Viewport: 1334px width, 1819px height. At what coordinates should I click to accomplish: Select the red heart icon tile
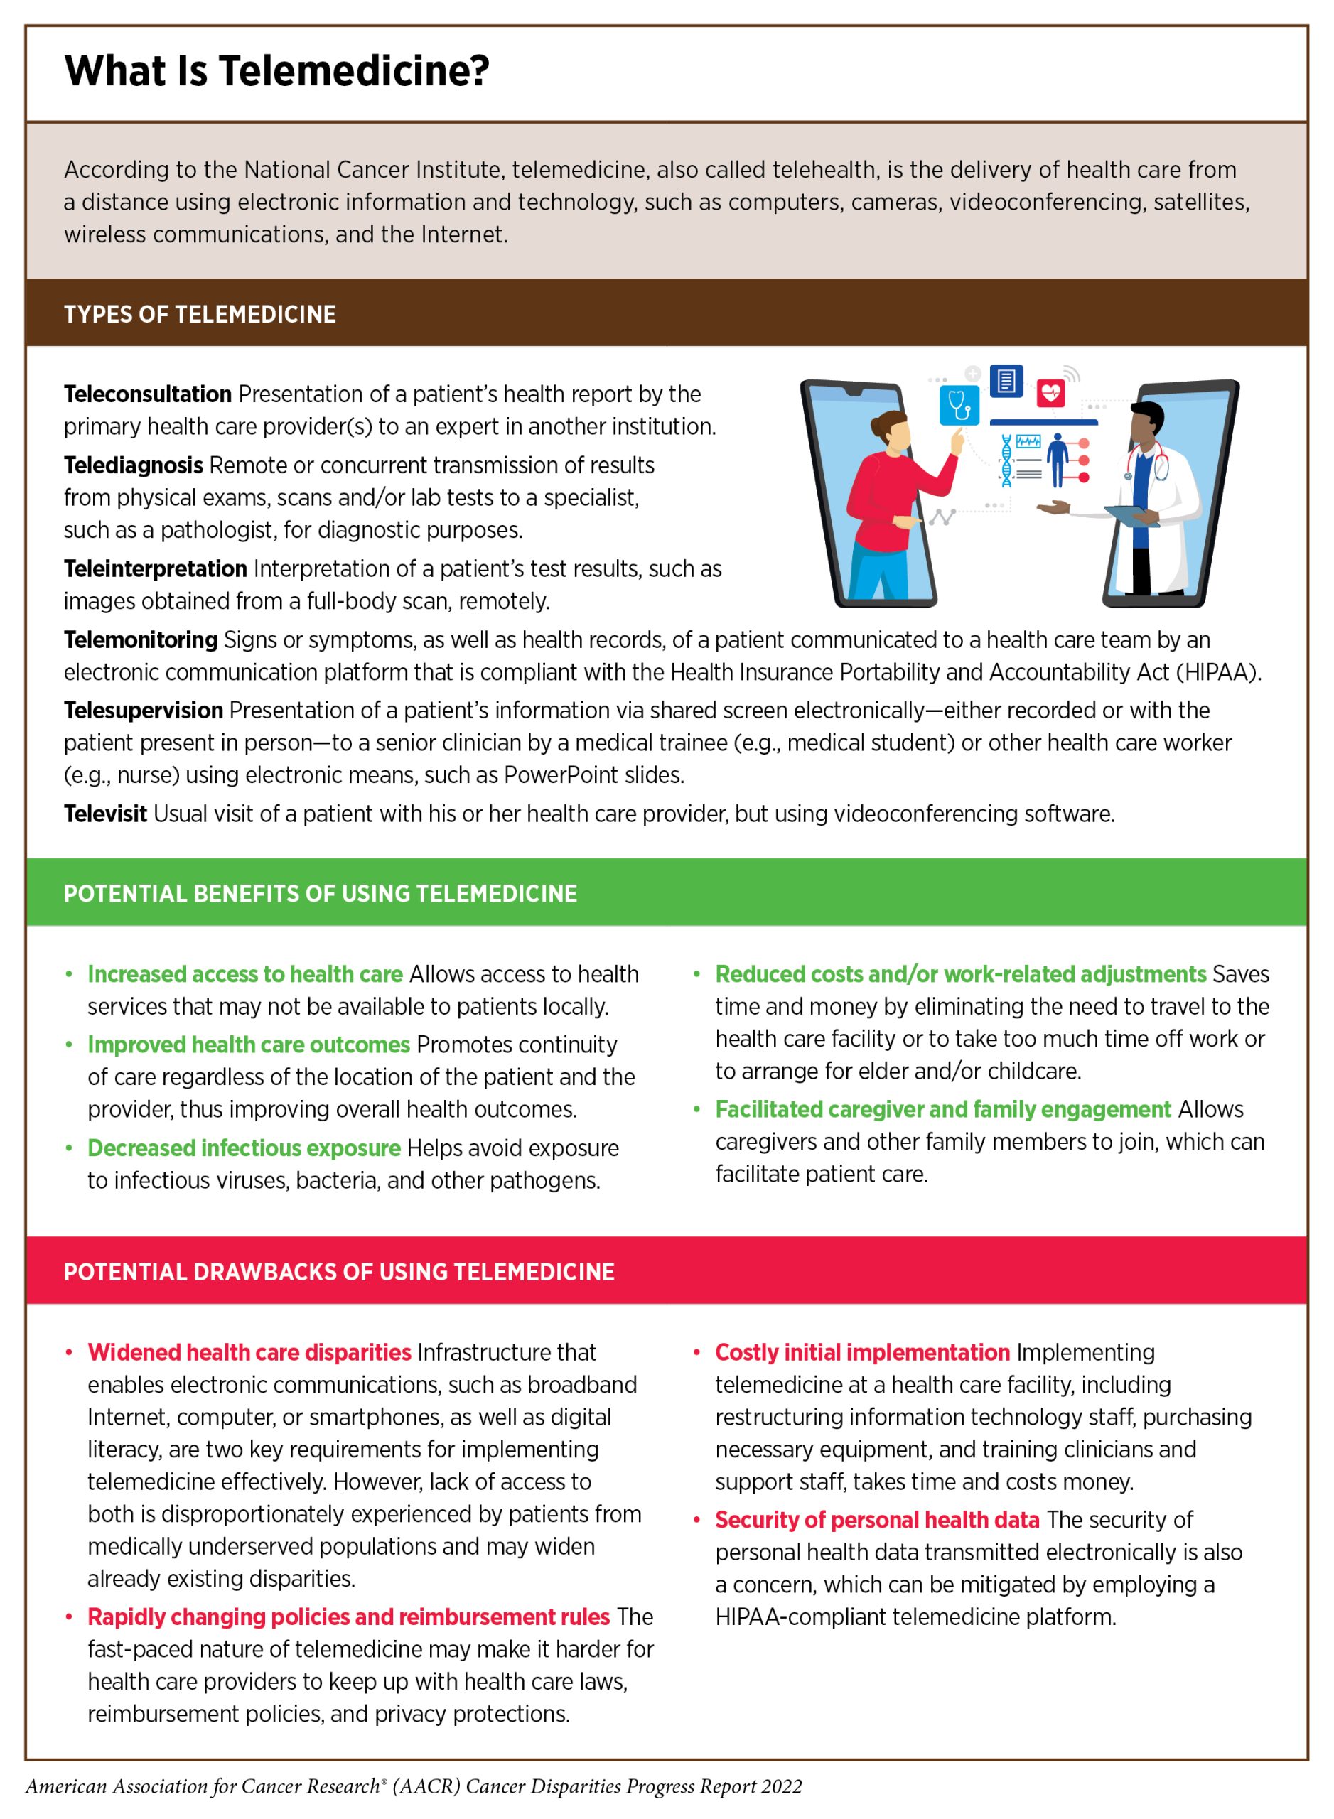tap(1050, 393)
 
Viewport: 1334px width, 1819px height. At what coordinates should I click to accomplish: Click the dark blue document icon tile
tap(1006, 380)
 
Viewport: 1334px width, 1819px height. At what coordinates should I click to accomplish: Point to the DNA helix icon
tap(1006, 461)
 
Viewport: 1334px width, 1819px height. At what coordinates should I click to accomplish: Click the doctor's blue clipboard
tap(1131, 514)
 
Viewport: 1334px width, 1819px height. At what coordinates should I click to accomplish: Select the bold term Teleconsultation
tap(148, 394)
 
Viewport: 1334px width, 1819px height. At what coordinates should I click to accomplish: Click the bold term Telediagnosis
tap(133, 465)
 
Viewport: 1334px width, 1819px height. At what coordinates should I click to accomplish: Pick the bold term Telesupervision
tap(143, 711)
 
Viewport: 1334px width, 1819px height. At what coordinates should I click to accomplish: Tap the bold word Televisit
tap(105, 814)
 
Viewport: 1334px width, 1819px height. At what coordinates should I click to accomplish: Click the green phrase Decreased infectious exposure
tap(244, 1148)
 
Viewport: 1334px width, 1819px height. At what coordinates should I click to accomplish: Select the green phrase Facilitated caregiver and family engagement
tap(942, 1109)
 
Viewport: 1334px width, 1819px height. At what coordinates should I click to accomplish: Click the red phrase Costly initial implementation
tap(861, 1352)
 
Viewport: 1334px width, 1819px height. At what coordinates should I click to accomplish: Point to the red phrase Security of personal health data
tap(877, 1521)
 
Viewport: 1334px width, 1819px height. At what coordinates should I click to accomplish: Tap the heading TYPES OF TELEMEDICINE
tap(200, 314)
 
